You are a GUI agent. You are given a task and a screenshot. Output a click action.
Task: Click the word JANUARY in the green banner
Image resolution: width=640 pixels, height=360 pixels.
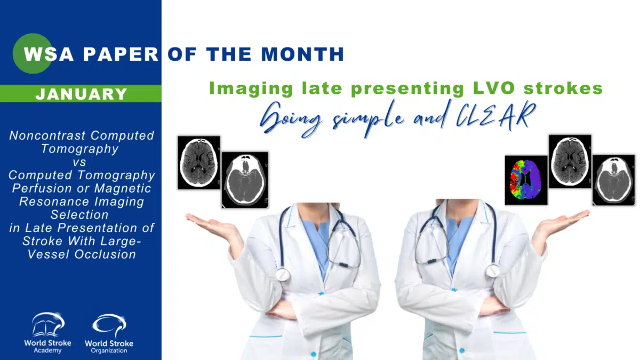[x=81, y=94]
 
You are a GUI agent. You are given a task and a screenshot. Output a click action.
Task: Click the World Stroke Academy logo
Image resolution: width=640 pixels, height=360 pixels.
[x=47, y=333]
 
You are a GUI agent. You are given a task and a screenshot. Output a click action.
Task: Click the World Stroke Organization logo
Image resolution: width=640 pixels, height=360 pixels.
[x=109, y=334]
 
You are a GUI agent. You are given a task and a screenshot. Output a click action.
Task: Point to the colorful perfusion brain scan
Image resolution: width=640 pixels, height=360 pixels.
[x=526, y=180]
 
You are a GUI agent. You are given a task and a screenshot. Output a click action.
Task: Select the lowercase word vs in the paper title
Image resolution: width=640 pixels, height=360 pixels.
[x=79, y=162]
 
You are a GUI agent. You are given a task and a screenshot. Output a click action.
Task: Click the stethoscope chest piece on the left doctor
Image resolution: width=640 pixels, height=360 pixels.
[x=283, y=275]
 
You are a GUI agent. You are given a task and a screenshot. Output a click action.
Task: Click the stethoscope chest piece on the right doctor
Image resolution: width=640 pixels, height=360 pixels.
[x=493, y=271]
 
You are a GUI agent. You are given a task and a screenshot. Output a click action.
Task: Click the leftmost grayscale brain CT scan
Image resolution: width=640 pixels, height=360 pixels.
[x=199, y=163]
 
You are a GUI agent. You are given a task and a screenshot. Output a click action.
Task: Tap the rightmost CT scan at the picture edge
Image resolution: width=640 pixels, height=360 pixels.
[x=614, y=180]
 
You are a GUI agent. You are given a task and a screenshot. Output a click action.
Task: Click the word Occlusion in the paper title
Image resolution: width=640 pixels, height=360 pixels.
[x=105, y=254]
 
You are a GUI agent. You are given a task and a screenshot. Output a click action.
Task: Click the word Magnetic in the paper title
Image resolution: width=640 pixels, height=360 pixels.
[x=122, y=188]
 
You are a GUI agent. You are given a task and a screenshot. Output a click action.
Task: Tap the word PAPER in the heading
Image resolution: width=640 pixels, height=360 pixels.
[x=121, y=54]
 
